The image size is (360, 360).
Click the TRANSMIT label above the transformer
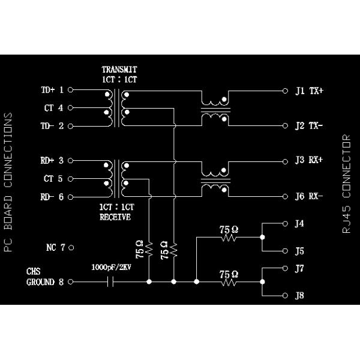pyautogui.click(x=119, y=69)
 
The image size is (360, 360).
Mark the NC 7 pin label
pyautogui.click(x=55, y=247)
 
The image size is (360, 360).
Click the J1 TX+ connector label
pyautogui.click(x=310, y=91)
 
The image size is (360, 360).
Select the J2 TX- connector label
pyautogui.click(x=310, y=126)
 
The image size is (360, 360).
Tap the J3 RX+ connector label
pyautogui.click(x=310, y=161)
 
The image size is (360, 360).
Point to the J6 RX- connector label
pyautogui.click(x=310, y=196)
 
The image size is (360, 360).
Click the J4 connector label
pyautogui.click(x=299, y=224)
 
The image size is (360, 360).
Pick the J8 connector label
pyautogui.click(x=299, y=295)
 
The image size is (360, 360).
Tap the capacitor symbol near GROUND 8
pyautogui.click(x=109, y=281)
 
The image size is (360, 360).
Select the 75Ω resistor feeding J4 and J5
pyautogui.click(x=229, y=238)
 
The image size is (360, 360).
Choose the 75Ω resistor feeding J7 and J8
pyautogui.click(x=229, y=281)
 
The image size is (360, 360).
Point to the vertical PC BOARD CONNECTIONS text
pyautogui.click(x=8, y=183)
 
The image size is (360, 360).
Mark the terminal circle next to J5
pyautogui.click(x=285, y=251)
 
